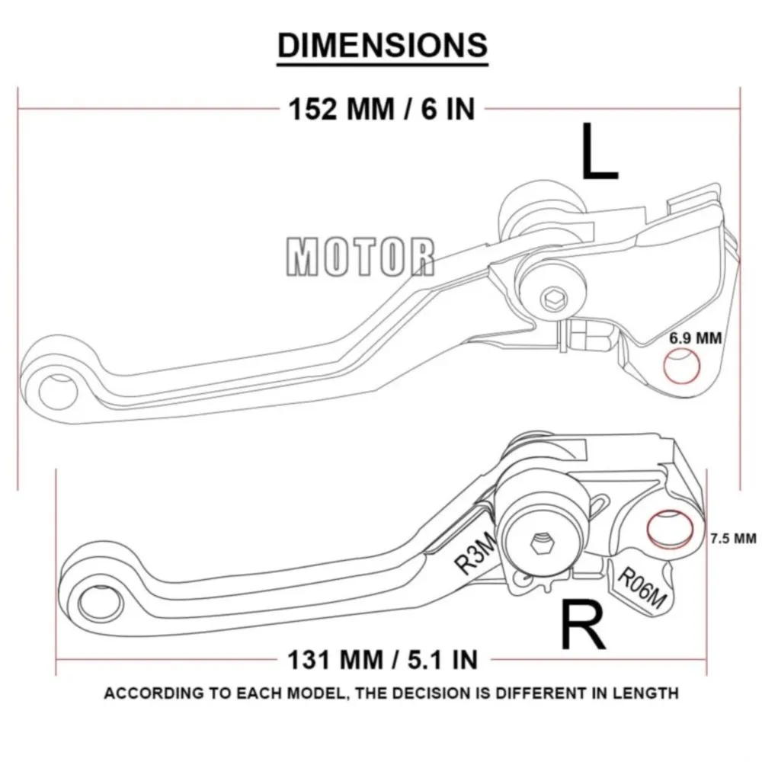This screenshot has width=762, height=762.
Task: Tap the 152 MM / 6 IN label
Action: click(x=381, y=109)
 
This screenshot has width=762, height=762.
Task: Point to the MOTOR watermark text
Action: click(x=360, y=256)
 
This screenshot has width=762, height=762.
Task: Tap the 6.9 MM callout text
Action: click(x=696, y=338)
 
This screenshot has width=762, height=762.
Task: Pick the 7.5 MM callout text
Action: click(x=732, y=538)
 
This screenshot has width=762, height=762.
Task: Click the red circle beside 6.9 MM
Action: click(x=681, y=367)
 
